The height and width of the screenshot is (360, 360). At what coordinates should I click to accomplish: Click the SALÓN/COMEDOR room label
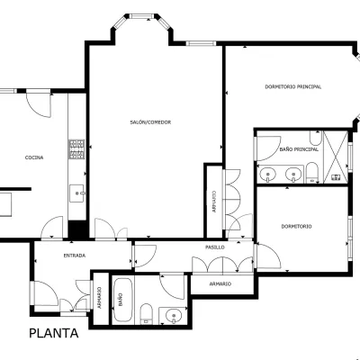click(150, 122)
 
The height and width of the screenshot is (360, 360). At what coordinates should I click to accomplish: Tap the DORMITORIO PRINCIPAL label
click(293, 86)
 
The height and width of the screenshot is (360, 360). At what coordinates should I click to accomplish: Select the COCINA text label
click(34, 157)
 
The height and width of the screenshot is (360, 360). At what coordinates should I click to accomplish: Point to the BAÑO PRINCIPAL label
click(299, 149)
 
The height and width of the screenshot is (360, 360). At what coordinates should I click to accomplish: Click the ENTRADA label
click(75, 256)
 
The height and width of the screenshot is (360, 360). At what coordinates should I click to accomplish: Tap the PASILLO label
click(215, 247)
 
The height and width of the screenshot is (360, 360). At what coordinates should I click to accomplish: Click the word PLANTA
click(54, 333)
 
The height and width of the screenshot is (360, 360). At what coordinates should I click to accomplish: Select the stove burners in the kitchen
click(76, 149)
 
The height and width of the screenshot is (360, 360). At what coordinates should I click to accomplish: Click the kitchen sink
click(77, 193)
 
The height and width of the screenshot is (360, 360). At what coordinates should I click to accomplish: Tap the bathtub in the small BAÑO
click(122, 300)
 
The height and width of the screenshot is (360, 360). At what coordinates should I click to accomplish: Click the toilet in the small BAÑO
click(147, 313)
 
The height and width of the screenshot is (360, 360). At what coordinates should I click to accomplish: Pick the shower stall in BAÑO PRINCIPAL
click(336, 157)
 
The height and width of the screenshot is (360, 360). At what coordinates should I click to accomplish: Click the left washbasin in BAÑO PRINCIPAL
click(267, 174)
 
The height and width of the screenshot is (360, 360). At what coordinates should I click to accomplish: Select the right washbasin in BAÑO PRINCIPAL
click(293, 174)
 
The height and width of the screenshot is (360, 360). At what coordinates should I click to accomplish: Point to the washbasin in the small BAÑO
click(174, 316)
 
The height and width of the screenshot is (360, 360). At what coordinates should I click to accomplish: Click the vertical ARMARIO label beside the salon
click(214, 202)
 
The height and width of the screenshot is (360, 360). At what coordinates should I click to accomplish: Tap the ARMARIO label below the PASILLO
click(220, 283)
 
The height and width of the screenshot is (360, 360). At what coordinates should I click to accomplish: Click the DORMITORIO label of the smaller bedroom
click(296, 227)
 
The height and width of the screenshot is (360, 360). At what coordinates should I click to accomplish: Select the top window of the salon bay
click(142, 16)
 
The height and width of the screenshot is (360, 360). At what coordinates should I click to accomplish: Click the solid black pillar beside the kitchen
click(77, 229)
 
